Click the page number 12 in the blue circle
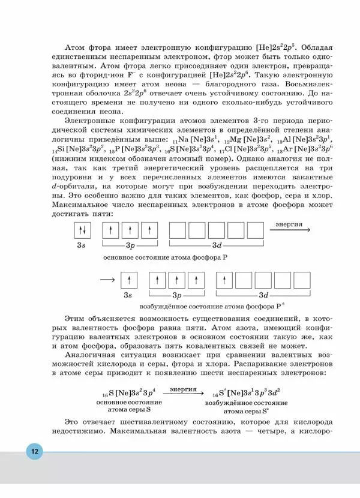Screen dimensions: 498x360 click(x=34, y=451)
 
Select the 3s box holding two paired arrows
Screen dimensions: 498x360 click(x=82, y=230)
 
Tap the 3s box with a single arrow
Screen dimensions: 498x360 click(x=128, y=280)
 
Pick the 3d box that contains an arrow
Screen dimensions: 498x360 click(x=224, y=280)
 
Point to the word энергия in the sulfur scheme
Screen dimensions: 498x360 click(x=183, y=389)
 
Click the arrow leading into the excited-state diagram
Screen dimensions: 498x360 click(x=107, y=280)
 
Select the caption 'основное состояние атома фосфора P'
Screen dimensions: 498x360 click(x=166, y=257)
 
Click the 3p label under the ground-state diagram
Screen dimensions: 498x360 click(x=130, y=245)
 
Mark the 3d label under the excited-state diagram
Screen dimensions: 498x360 click(x=264, y=295)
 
